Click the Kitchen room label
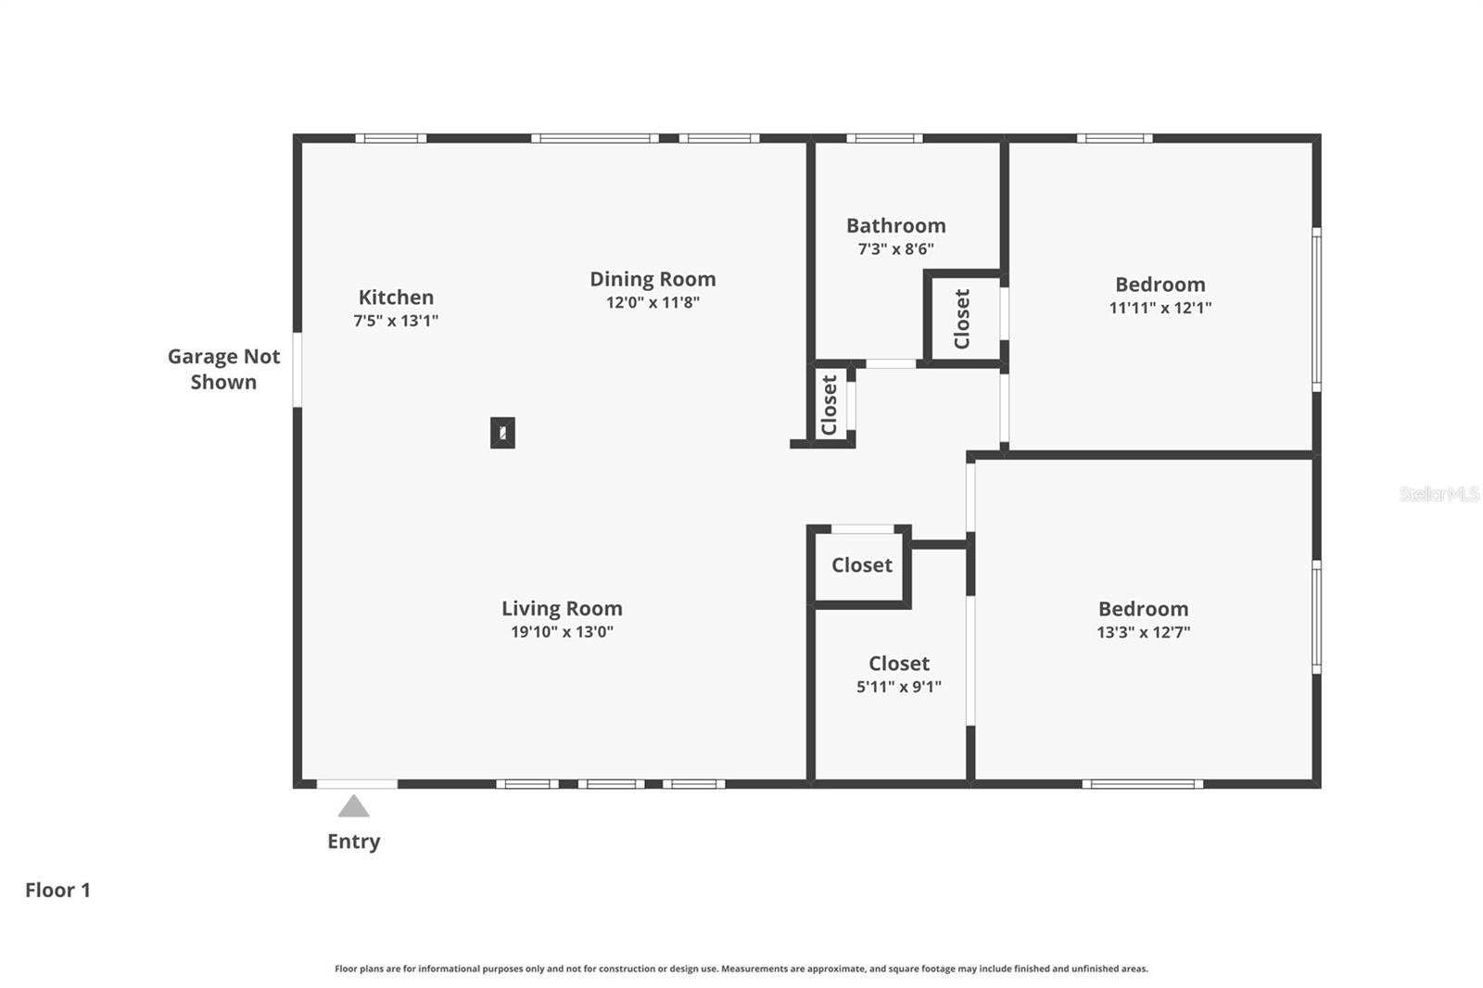point(396,298)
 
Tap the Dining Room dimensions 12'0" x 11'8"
point(653,302)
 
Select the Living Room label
point(562,609)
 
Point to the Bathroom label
point(895,225)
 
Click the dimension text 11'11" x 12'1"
point(1160,308)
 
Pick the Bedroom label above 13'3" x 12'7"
point(1143,609)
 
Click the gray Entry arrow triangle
point(353,807)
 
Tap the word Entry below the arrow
point(353,842)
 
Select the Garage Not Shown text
point(223,369)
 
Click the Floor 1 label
point(57,890)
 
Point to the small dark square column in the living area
point(502,433)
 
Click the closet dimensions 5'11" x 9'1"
point(898,687)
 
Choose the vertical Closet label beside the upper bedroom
point(962,319)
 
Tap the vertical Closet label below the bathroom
point(830,405)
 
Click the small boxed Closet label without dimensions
point(861,565)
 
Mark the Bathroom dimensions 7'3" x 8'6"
point(895,248)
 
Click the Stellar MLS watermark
point(1439,494)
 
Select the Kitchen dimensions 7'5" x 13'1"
point(396,321)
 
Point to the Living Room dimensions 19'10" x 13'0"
point(562,632)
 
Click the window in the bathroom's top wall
point(883,139)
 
